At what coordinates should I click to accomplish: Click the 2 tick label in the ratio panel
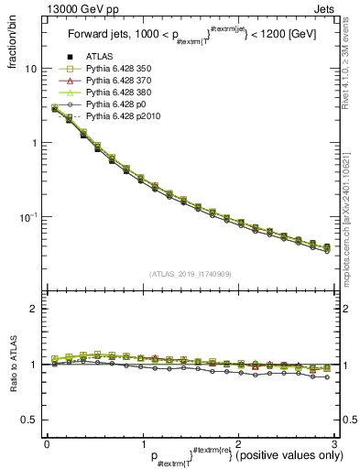[33, 310]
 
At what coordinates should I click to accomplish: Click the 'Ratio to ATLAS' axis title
[13, 365]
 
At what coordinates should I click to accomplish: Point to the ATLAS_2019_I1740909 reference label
[191, 274]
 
